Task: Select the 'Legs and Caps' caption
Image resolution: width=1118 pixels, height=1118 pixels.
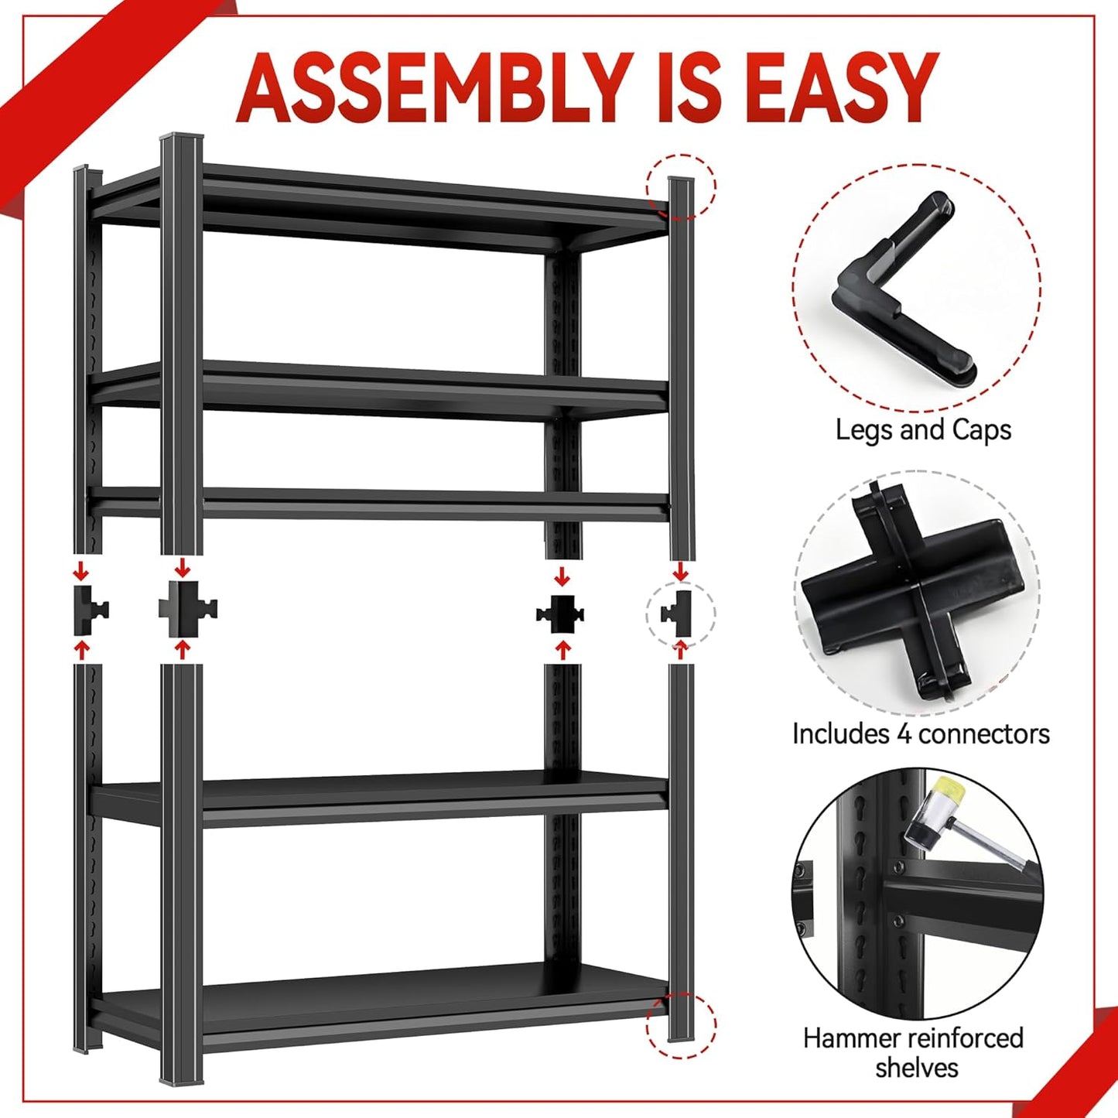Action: pos(923,429)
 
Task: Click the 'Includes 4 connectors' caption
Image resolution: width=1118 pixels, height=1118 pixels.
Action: pos(921,733)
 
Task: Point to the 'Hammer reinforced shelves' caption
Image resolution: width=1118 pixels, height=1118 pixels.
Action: pos(914,1052)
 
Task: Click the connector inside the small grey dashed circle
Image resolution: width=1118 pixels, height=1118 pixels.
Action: pos(679,614)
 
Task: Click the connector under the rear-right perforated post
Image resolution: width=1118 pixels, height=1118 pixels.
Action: pos(561,614)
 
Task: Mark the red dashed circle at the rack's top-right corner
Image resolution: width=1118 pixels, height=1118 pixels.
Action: pos(682,186)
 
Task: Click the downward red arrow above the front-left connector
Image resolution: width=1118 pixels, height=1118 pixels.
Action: pos(183,568)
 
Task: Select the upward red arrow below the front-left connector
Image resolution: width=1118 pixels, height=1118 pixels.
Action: pos(183,649)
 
